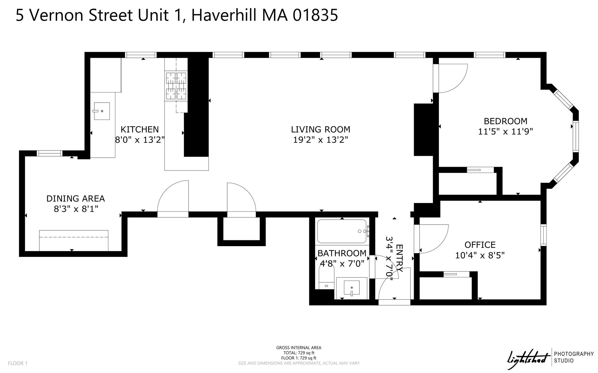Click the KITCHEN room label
[x=140, y=129]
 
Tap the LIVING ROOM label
[x=321, y=129]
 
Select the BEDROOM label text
[x=506, y=121]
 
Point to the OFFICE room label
[x=480, y=245]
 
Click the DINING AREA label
[x=76, y=199]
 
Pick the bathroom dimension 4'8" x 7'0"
[x=342, y=264]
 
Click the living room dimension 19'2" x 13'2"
[x=321, y=140]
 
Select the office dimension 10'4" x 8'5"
[x=480, y=255]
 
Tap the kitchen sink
[x=102, y=111]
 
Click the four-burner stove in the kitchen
[x=176, y=86]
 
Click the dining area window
[x=50, y=153]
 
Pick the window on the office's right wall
[x=543, y=235]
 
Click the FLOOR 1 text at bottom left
[x=18, y=363]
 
